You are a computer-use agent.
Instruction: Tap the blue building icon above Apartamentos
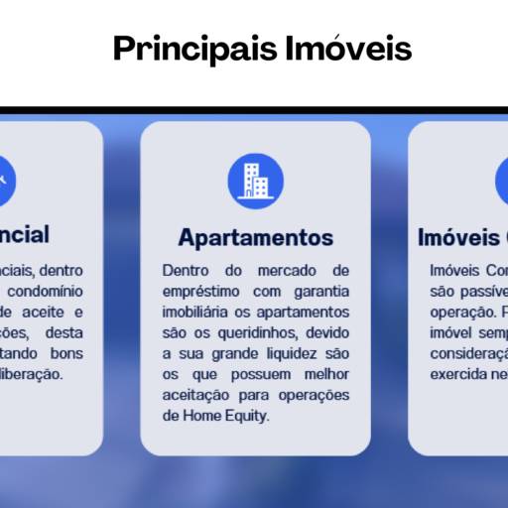255,181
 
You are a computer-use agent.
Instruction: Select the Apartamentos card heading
255,238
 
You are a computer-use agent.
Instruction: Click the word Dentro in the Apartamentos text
186,270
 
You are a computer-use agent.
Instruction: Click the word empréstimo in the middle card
199,291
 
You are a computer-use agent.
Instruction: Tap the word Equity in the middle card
245,416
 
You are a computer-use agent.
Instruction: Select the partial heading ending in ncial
25,235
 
